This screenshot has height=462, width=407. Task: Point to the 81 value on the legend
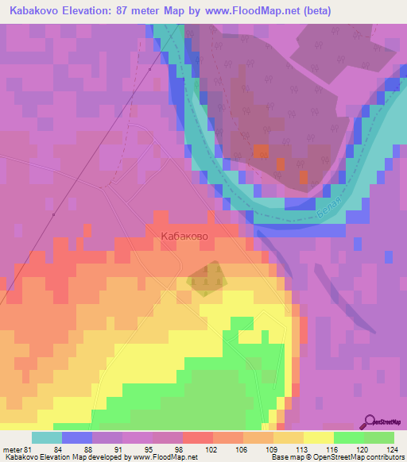29,450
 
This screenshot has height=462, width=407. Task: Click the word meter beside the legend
12,450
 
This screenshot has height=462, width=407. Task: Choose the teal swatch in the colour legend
47,438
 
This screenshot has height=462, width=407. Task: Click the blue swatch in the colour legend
77,438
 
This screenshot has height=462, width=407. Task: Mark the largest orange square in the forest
260,151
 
